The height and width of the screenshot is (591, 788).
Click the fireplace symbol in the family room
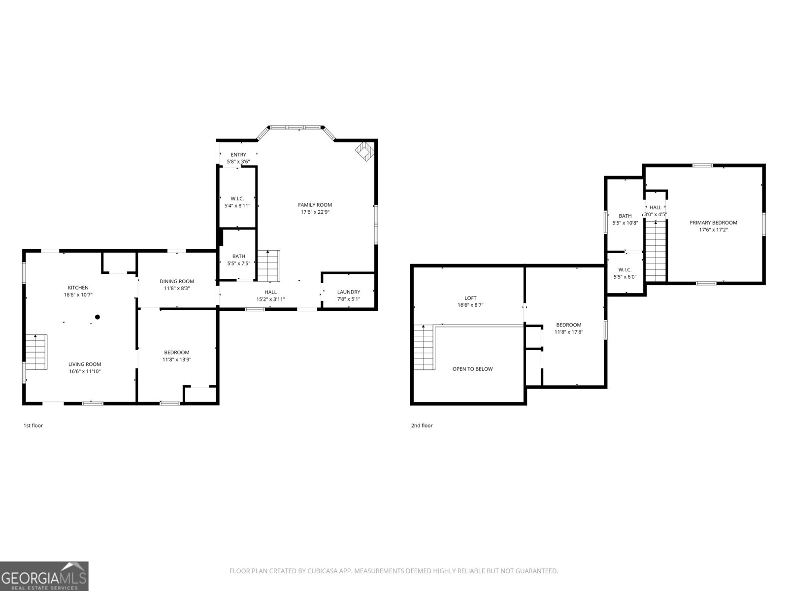(x=365, y=151)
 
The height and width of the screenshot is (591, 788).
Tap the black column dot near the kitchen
(x=98, y=317)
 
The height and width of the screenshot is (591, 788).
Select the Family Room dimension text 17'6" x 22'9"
(x=315, y=212)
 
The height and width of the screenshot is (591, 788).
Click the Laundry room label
(x=349, y=292)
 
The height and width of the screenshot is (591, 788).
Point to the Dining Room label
(x=177, y=281)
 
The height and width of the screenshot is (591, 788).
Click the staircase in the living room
(x=36, y=352)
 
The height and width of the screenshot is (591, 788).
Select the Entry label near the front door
(x=238, y=155)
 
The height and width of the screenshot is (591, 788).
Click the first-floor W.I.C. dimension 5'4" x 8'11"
(x=237, y=206)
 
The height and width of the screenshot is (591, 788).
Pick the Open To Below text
(x=472, y=369)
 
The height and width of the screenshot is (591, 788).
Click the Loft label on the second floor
(x=470, y=298)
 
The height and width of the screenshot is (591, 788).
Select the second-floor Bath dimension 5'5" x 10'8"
(x=625, y=223)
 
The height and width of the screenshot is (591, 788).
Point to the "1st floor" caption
(x=33, y=426)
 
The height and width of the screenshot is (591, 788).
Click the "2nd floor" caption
(x=422, y=426)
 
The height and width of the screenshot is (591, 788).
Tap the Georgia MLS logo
(x=44, y=576)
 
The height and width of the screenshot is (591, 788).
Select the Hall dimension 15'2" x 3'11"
(x=270, y=299)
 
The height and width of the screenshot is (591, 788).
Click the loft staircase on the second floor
(x=423, y=347)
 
